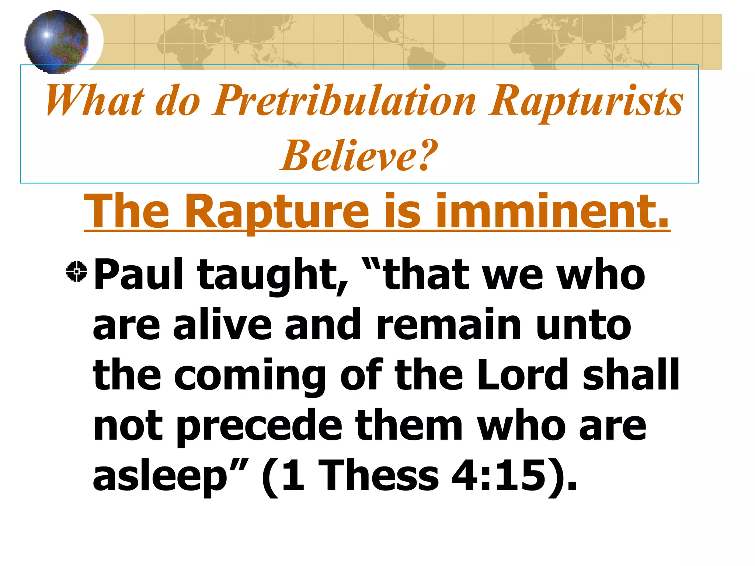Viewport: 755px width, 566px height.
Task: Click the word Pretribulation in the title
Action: coord(344,101)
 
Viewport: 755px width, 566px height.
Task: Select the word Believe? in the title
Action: coord(359,156)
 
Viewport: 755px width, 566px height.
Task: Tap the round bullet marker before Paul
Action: coord(77,272)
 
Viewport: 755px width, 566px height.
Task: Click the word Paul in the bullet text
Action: coord(138,275)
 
